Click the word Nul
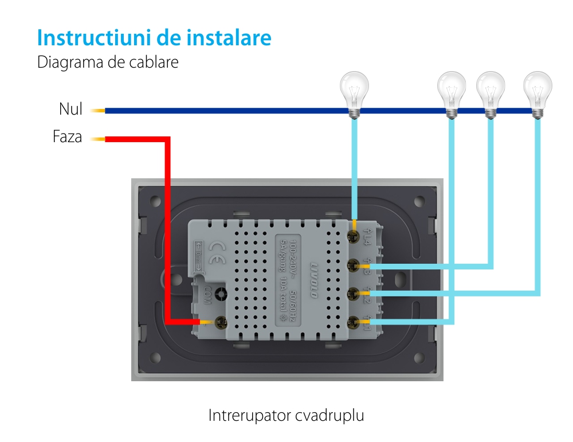(70, 109)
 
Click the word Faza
(67, 138)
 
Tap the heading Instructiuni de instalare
(154, 38)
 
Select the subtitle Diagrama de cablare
(108, 62)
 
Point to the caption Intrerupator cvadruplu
(286, 415)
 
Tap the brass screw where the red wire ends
(219, 323)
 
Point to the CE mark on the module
(218, 250)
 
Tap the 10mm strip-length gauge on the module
(198, 256)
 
